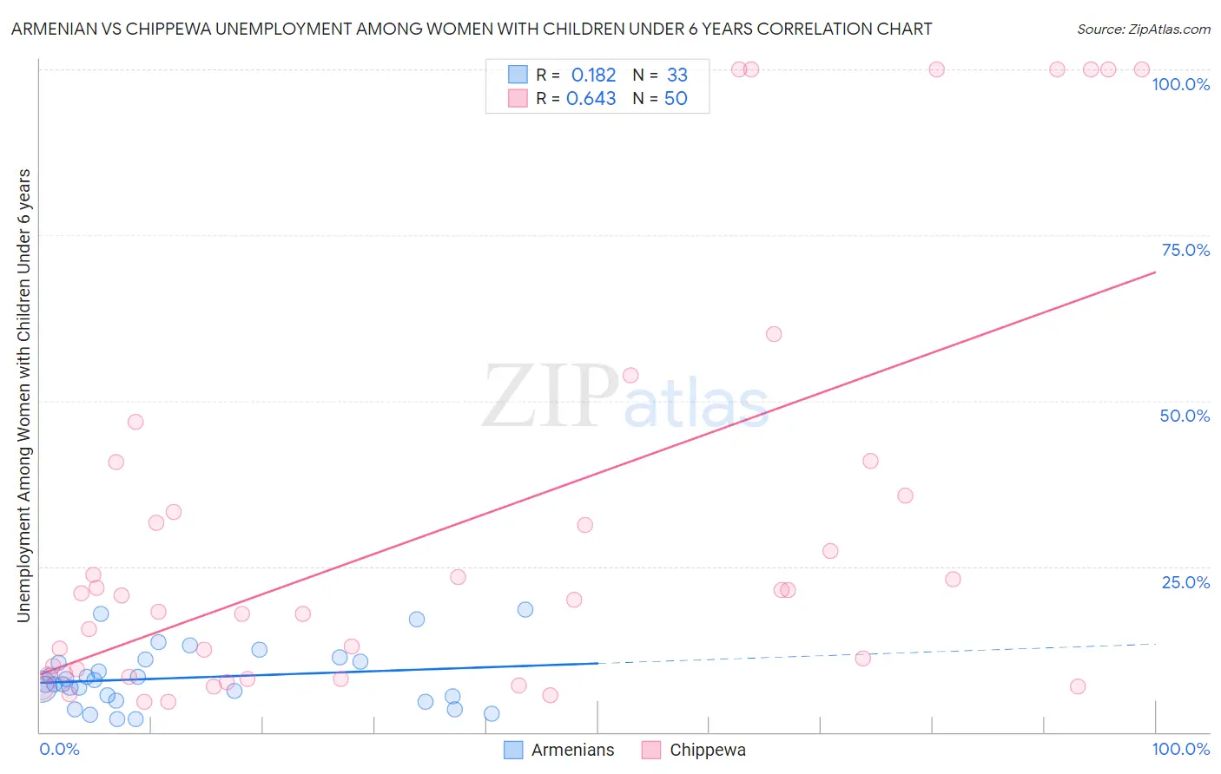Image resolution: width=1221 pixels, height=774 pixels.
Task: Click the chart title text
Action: tap(472, 29)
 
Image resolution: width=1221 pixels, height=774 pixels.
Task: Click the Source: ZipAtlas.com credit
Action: tap(1143, 29)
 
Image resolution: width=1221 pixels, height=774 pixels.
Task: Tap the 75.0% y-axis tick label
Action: tap(1185, 250)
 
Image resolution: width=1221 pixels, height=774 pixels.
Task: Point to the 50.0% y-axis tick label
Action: tap(1185, 416)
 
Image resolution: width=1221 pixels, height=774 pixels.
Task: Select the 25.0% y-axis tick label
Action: tap(1185, 582)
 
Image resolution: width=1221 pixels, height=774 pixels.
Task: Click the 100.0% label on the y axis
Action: tap(1180, 84)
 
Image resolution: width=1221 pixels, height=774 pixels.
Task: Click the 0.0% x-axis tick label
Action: tap(59, 749)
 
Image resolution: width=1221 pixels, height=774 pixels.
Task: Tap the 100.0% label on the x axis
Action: tap(1180, 749)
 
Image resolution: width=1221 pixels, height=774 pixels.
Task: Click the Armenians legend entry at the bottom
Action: tap(559, 750)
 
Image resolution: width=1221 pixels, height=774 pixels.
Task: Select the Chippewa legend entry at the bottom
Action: tap(694, 750)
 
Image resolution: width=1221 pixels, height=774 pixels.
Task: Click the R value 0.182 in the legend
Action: tap(593, 75)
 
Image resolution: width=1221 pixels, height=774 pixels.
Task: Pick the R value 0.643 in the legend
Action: tap(591, 99)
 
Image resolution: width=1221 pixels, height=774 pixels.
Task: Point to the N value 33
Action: tap(676, 75)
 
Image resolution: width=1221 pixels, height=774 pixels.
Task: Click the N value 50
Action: tap(676, 99)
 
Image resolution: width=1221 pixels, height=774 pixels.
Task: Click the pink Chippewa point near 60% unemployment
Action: tap(774, 334)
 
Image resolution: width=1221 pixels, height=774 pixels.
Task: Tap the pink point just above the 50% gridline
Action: tap(630, 375)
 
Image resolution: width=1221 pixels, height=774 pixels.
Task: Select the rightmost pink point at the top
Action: tap(1142, 69)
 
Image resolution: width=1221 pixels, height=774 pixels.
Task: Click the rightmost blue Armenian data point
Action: tap(525, 609)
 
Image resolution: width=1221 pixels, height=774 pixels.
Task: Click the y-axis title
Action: tap(23, 396)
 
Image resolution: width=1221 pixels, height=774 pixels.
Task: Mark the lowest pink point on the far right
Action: tap(1078, 686)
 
